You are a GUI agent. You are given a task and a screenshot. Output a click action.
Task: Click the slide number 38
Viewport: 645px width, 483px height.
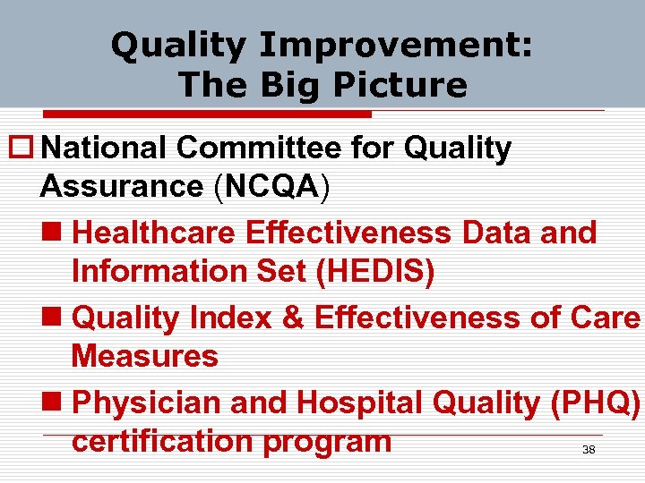pyautogui.click(x=589, y=450)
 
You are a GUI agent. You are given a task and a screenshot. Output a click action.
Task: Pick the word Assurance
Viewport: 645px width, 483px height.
pyautogui.click(x=122, y=186)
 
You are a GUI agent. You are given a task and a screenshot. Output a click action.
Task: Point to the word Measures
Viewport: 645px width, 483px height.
pyautogui.click(x=144, y=356)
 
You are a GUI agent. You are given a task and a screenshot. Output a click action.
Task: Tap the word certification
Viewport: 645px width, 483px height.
pyautogui.click(x=171, y=441)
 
